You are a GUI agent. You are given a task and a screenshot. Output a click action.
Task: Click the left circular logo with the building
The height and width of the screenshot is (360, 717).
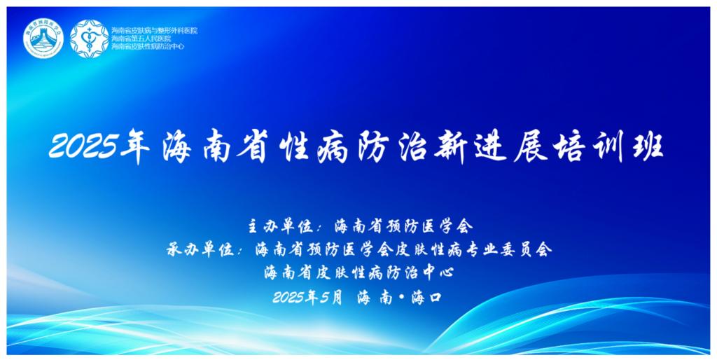[x=43, y=39]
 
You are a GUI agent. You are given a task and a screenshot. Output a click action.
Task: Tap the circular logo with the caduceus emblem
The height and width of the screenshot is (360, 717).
[x=89, y=39]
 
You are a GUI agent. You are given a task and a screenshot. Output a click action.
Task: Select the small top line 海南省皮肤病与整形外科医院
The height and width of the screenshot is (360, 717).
[x=155, y=31]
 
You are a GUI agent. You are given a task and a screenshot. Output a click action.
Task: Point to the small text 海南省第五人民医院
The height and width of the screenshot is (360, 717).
[x=141, y=39]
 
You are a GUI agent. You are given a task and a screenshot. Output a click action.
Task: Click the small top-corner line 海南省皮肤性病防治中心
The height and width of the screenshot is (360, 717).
[x=148, y=46]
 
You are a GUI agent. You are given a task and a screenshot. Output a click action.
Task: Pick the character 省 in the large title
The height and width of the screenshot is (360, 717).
[x=251, y=148]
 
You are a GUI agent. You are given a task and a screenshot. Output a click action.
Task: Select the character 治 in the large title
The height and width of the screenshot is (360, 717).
[x=412, y=148]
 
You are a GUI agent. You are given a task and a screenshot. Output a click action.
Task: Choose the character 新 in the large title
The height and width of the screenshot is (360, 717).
[x=451, y=148]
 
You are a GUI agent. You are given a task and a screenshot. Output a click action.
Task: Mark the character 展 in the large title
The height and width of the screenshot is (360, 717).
[x=531, y=148]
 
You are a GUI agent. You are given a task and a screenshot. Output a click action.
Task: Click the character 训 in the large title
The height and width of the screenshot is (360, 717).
[x=611, y=148]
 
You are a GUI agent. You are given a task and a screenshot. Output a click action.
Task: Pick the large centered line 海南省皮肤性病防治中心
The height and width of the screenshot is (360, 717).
[x=358, y=273]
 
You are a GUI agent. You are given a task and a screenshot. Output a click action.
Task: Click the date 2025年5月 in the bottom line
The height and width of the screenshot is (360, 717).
[x=307, y=298]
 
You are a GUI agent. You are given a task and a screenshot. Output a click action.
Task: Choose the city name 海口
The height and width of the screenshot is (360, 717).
[x=426, y=298]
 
